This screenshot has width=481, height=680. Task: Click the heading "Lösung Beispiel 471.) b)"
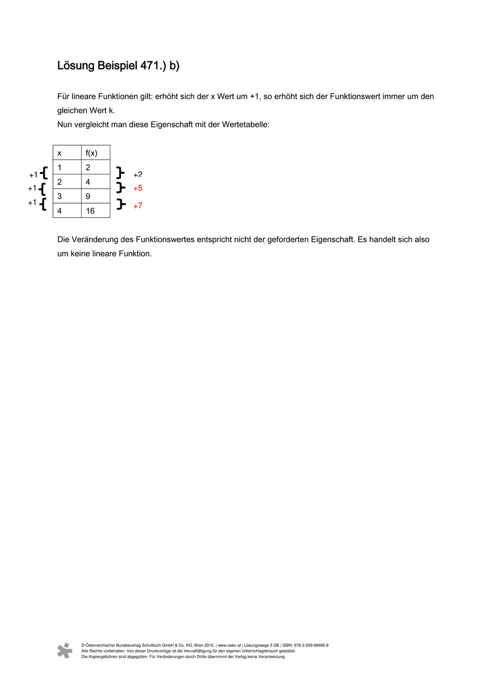118,66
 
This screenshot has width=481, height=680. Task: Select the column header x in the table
59,153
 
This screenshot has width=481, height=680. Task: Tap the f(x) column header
91,153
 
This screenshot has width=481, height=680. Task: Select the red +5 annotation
138,188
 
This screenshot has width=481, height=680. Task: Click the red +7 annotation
138,206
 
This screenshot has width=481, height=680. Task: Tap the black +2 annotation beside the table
138,174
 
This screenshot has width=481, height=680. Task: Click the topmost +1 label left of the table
34,174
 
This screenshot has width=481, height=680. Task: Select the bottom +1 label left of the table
32,203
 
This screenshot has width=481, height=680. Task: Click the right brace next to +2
121,173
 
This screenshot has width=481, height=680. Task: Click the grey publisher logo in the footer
65,650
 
